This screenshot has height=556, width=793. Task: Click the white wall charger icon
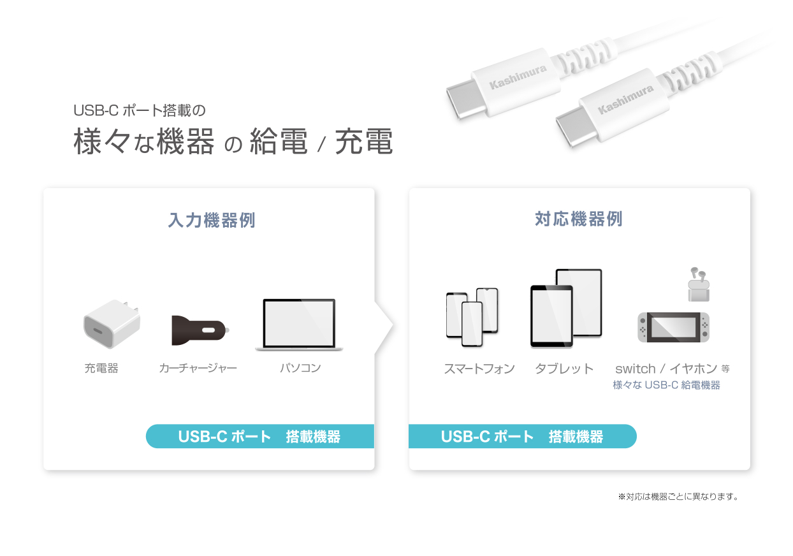tap(112, 324)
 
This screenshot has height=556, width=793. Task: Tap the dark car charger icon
tap(200, 330)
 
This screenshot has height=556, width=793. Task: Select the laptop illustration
tap(299, 325)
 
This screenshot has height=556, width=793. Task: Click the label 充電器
tap(101, 369)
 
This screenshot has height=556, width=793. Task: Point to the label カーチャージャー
tap(198, 369)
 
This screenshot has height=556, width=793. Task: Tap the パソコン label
tap(300, 369)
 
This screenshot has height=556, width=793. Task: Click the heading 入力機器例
tap(212, 220)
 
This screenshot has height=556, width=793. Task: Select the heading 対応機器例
tap(579, 219)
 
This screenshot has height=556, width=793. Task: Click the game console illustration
tap(673, 327)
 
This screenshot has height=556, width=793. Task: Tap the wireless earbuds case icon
tap(699, 285)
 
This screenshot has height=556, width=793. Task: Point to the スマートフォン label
tap(479, 369)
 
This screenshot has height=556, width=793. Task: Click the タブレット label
tap(564, 369)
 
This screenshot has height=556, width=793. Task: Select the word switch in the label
tap(636, 369)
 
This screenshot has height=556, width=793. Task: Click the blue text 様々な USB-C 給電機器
tap(666, 385)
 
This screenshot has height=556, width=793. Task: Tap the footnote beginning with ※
tap(678, 497)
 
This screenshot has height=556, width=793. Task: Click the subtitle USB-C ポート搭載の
tap(140, 110)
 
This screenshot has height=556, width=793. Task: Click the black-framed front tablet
tap(551, 316)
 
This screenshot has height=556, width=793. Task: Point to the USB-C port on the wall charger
tap(98, 331)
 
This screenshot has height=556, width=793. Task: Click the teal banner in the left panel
tap(260, 436)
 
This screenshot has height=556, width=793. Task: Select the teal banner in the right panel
tap(523, 436)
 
